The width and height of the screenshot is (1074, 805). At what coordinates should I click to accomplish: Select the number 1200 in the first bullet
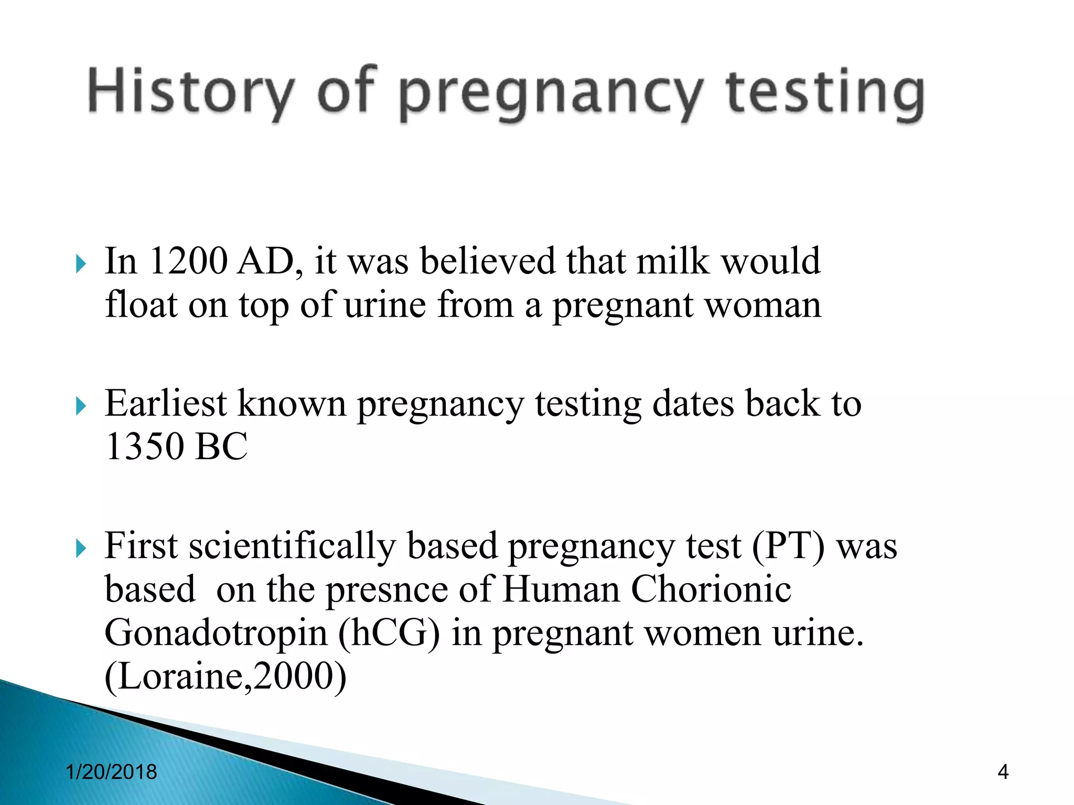coord(188,261)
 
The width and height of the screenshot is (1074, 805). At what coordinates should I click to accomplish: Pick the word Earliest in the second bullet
coord(166,404)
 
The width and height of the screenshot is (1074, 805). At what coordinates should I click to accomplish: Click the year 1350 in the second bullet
coord(145,447)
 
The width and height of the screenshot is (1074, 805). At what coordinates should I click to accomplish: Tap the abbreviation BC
coord(221,447)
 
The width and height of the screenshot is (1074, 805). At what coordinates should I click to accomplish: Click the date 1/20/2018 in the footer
coord(112,772)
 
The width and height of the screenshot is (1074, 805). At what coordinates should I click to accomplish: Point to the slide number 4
coord(1003,772)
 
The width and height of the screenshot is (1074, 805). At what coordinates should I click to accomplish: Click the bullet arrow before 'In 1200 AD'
coord(80,264)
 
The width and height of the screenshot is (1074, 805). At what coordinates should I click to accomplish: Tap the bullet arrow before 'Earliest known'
coord(80,406)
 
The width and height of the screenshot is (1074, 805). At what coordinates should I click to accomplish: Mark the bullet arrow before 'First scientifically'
coord(80,549)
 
